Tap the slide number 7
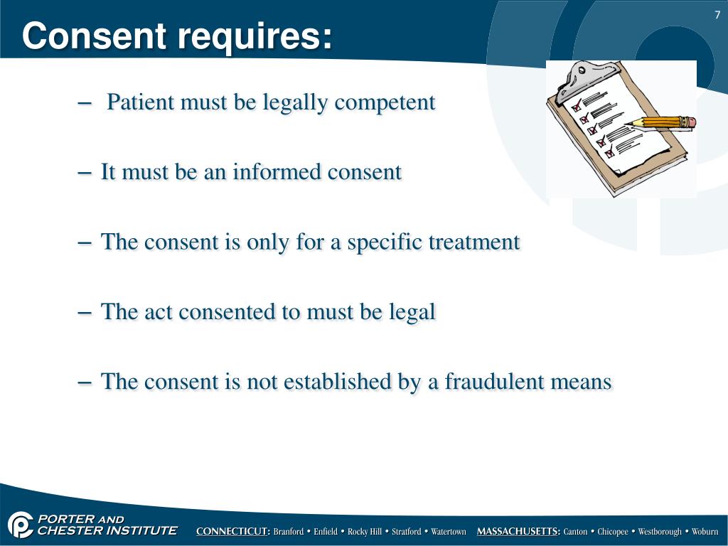[717, 16]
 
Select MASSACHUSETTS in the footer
[518, 532]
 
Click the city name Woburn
[705, 532]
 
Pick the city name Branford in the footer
[289, 532]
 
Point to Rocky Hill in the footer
[364, 532]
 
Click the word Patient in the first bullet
[140, 102]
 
